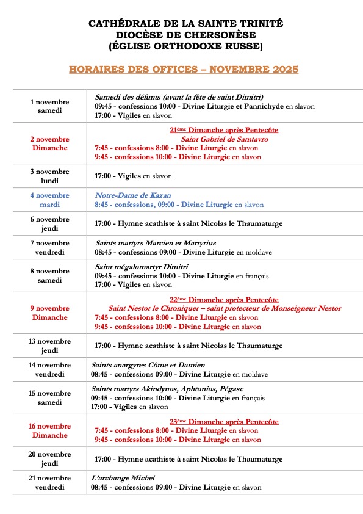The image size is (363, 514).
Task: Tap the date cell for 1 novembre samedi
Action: (x=49, y=106)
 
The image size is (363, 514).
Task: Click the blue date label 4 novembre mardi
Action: (x=49, y=200)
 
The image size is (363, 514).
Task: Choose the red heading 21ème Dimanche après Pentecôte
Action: (x=224, y=129)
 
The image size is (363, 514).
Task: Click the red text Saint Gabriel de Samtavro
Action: (x=225, y=139)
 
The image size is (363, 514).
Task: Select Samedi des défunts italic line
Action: (x=179, y=97)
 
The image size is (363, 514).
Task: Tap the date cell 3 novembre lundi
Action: (x=49, y=176)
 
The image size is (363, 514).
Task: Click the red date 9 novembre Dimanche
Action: (x=49, y=313)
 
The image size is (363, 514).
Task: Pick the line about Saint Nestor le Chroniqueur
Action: (x=225, y=308)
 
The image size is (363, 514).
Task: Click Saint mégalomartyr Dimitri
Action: (x=142, y=267)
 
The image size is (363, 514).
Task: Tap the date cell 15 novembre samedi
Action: (x=49, y=397)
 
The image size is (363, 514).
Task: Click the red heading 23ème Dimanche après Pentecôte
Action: (x=224, y=421)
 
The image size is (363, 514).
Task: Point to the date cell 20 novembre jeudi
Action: (x=49, y=458)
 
